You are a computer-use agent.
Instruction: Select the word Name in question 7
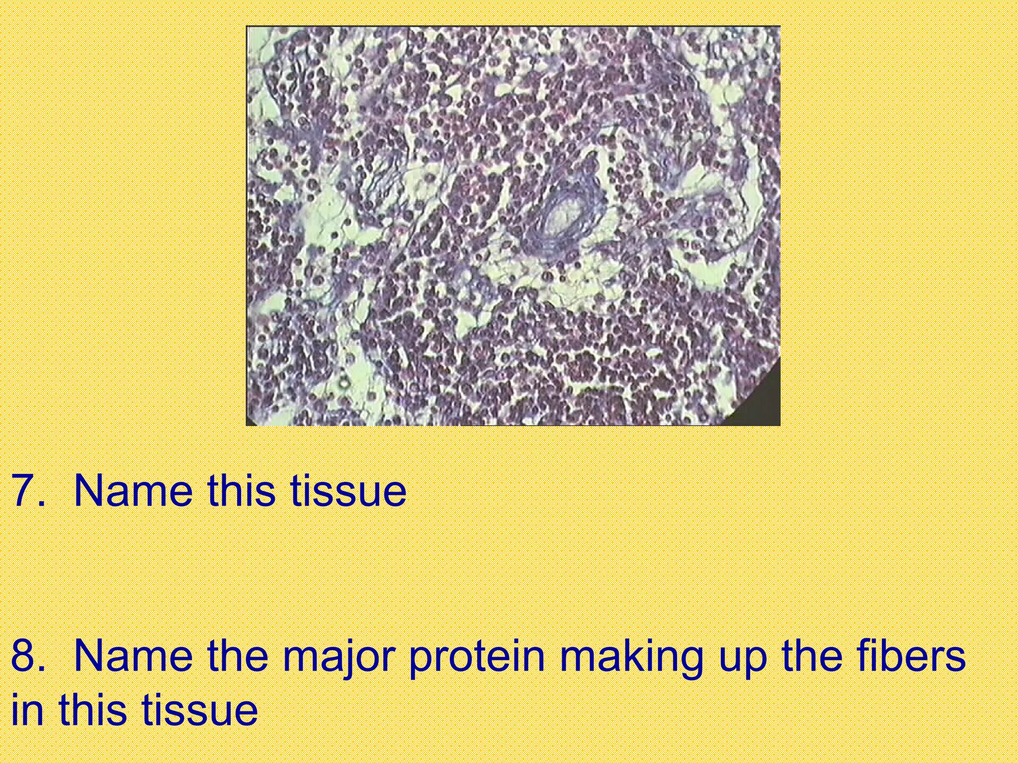(133, 491)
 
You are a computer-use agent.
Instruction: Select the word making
(631, 657)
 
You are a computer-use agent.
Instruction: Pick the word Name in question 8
(133, 656)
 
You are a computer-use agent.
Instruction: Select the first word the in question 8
(238, 656)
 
